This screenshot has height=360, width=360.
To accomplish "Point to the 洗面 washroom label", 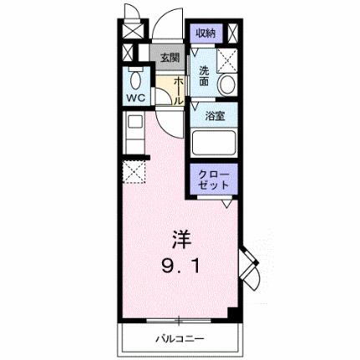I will pos(203,76).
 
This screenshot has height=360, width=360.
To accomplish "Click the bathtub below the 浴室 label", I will pos(215,141).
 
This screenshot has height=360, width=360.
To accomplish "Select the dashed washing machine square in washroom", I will pos(226,59).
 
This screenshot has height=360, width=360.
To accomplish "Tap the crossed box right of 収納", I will pos(233,33).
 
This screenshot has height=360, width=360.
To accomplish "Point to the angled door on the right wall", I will pos(251,266).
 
